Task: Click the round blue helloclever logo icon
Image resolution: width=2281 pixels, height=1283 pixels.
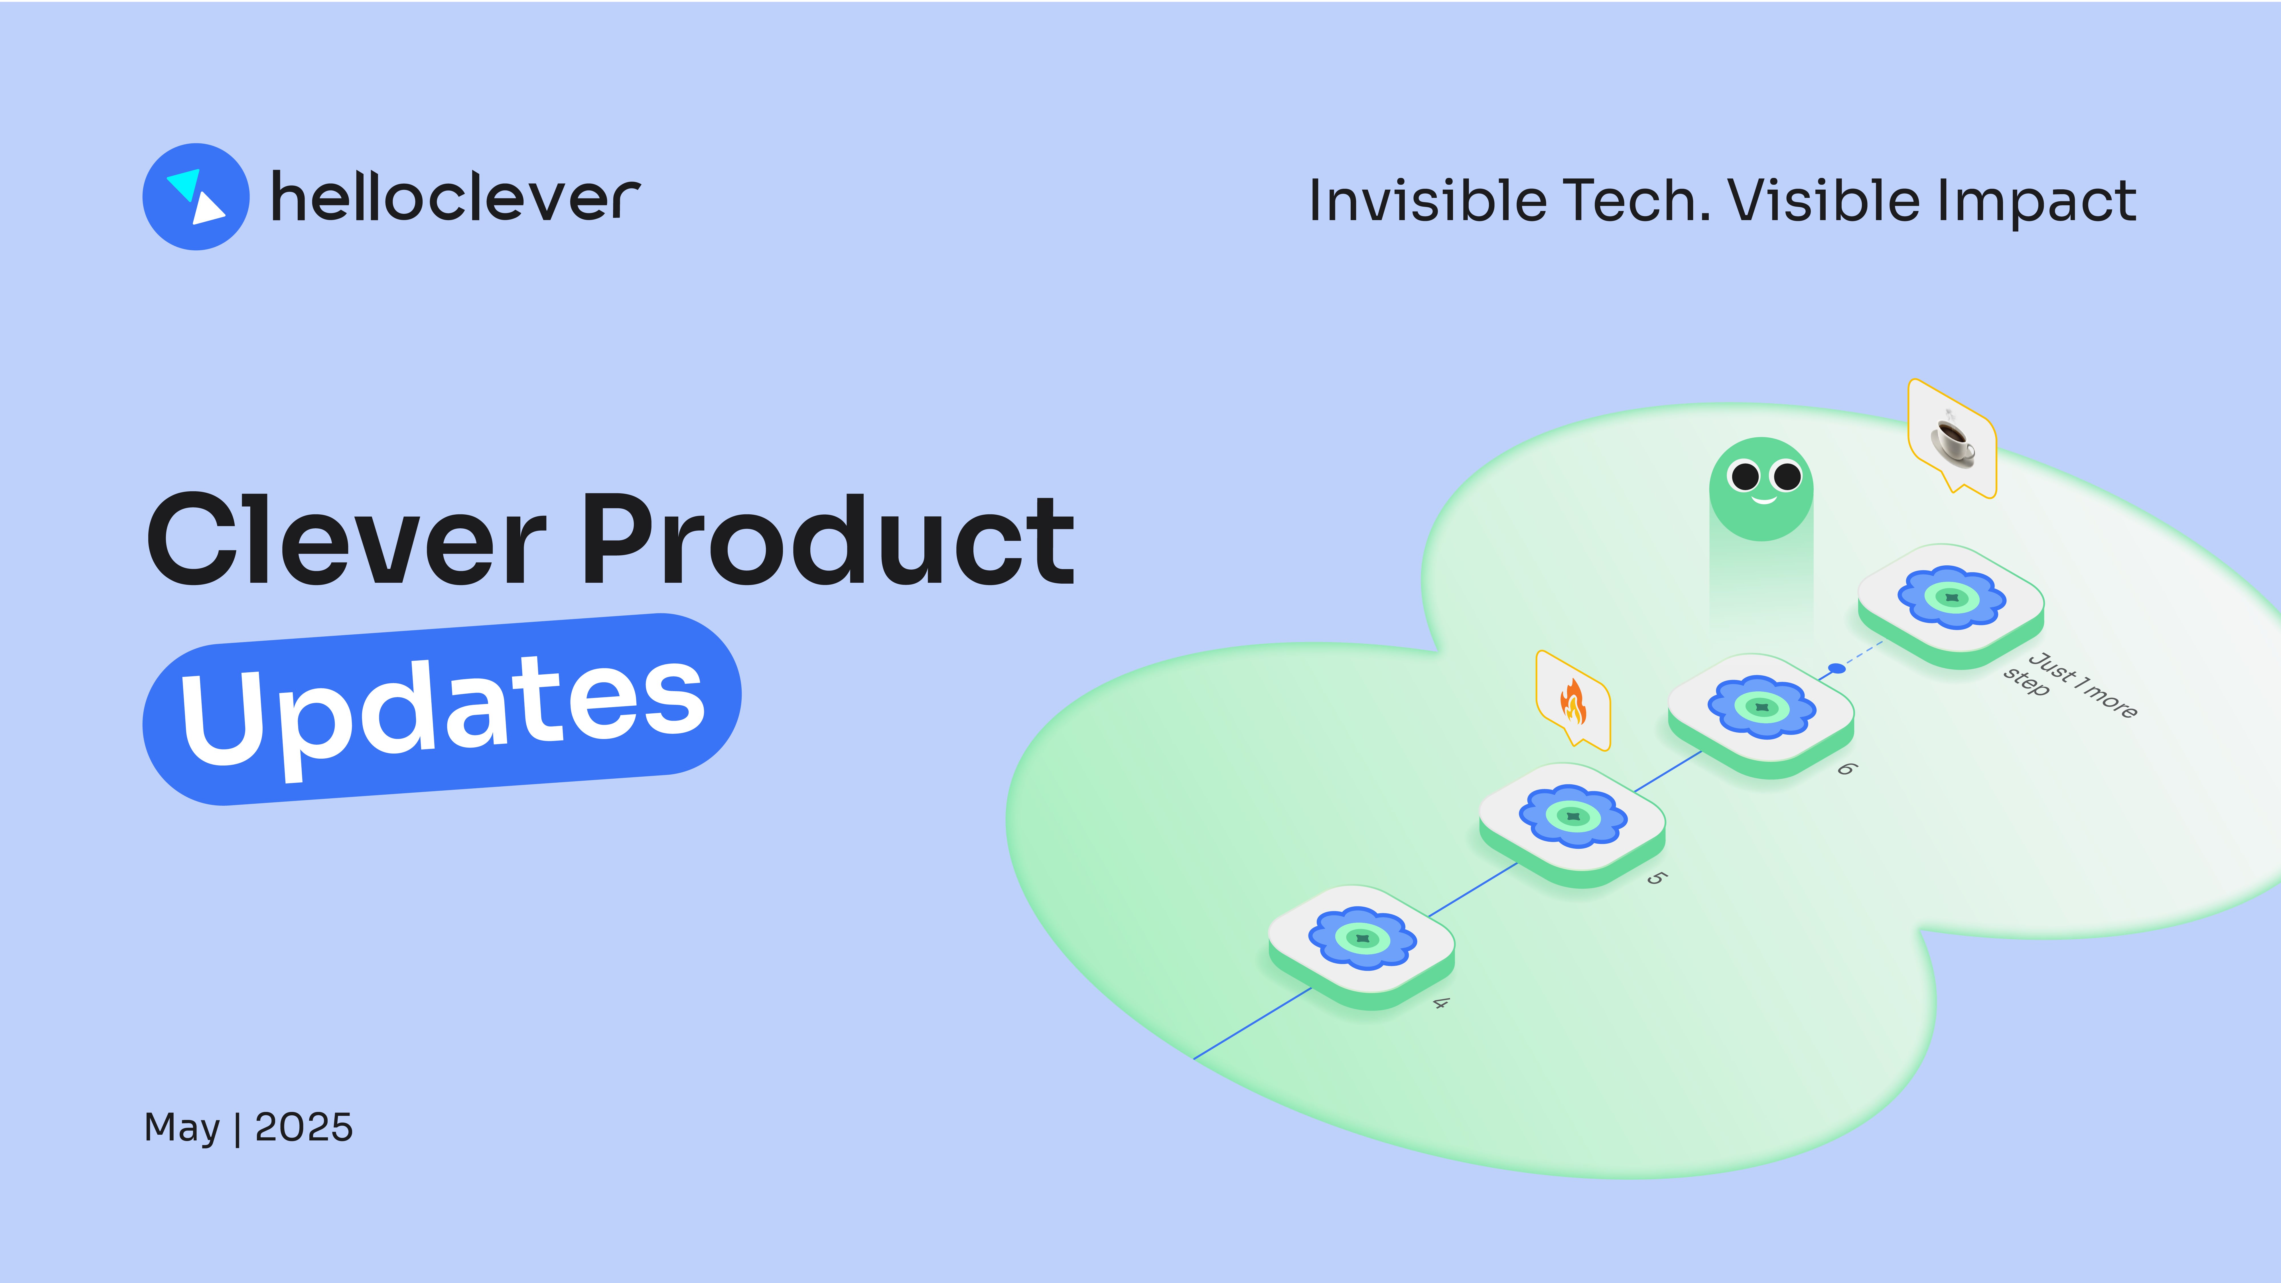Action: (196, 196)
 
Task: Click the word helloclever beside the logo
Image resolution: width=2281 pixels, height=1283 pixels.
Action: (455, 196)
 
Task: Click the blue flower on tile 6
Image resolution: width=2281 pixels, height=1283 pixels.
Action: (1762, 707)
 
